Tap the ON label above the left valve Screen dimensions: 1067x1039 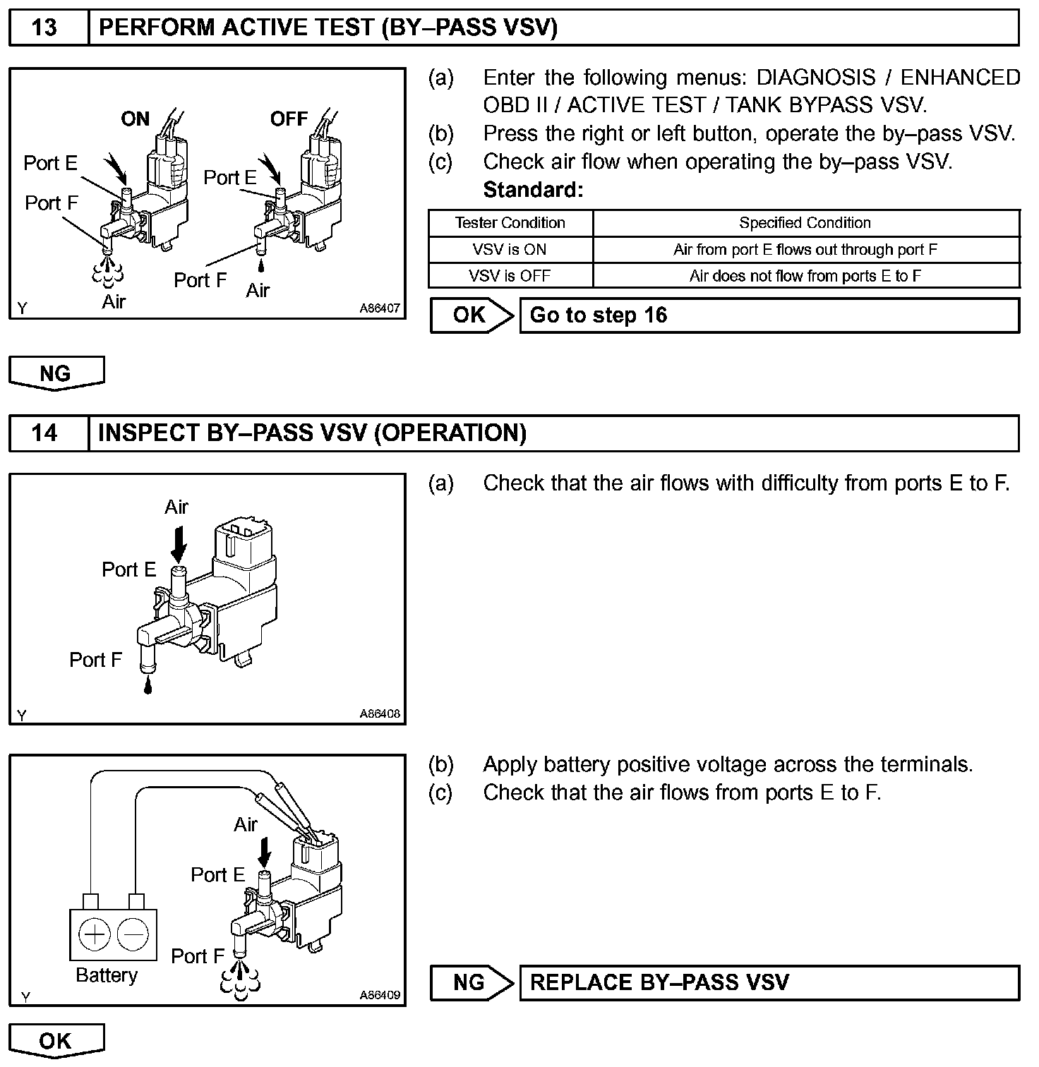point(136,119)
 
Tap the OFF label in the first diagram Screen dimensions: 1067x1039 point(289,119)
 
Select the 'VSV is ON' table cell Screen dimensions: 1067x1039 point(510,250)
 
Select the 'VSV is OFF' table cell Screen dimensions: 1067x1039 point(510,276)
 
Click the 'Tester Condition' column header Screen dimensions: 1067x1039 point(510,223)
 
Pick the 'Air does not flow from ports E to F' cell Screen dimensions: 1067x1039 point(805,276)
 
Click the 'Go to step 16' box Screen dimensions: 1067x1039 point(769,315)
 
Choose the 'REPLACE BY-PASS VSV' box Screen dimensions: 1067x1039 point(769,983)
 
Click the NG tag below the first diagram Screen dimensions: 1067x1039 point(56,373)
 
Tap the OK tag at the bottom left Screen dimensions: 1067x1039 point(56,1041)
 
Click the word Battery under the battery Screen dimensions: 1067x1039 point(107,975)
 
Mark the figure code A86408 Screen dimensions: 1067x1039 point(379,713)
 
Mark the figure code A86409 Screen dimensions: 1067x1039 point(379,995)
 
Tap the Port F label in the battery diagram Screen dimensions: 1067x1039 point(198,956)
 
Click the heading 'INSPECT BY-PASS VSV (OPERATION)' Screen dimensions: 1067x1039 point(312,433)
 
